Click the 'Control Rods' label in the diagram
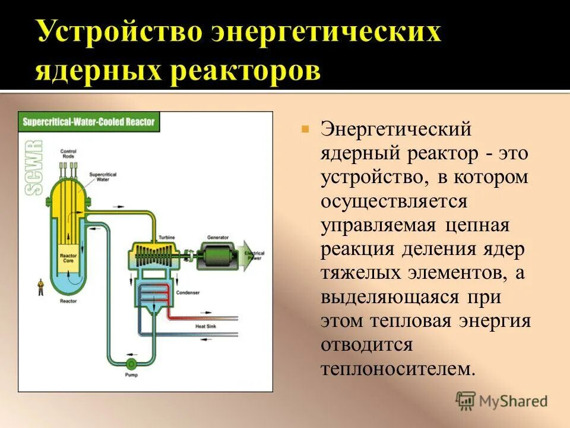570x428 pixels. tap(68, 154)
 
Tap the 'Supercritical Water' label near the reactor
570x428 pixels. tap(102, 176)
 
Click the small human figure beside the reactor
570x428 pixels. tap(40, 287)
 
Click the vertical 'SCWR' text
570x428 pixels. tap(34, 168)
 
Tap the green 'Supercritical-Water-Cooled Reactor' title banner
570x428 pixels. tap(88, 122)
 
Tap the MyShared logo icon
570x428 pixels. tap(465, 401)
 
